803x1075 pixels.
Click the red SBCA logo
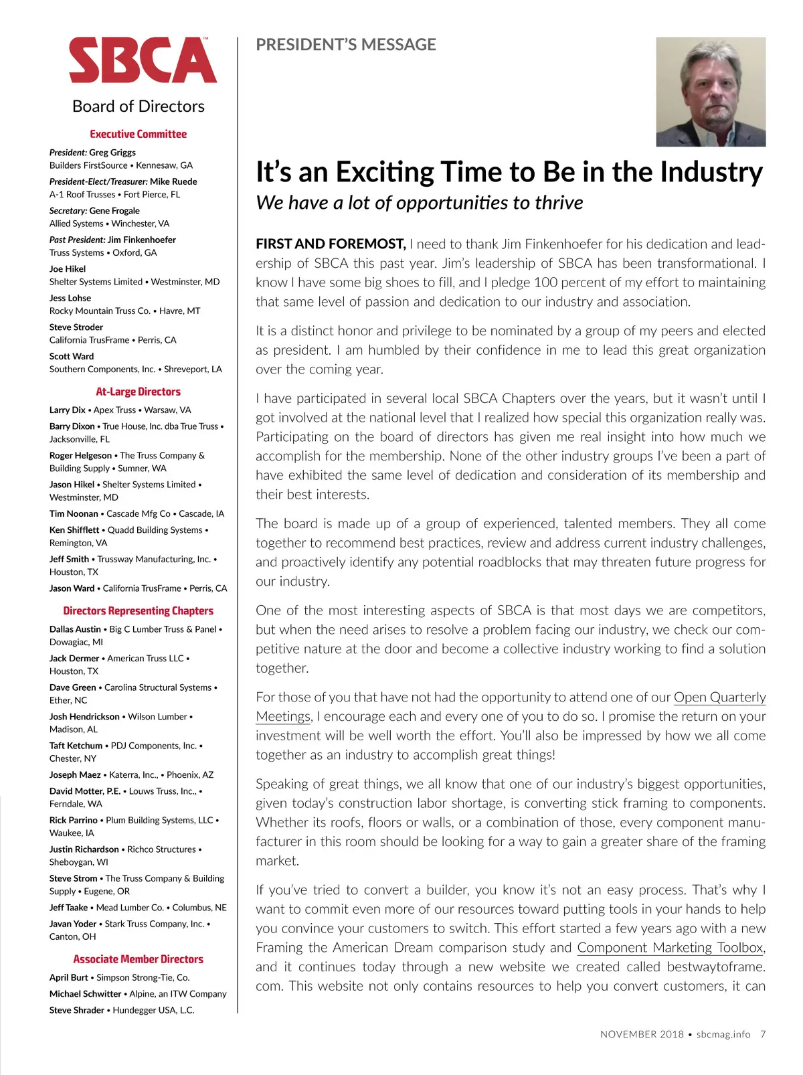coord(143,60)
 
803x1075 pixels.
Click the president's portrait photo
coord(711,92)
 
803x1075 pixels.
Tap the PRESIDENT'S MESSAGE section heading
coord(346,45)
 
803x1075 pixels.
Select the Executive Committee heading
coord(139,134)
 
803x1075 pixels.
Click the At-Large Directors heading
coord(138,392)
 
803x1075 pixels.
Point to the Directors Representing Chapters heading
coord(139,610)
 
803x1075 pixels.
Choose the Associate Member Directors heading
coord(139,959)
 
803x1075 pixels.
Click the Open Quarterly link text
coord(719,697)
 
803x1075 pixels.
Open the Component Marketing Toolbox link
coord(670,947)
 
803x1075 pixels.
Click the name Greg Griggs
coord(112,153)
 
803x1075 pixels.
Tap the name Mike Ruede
coord(173,181)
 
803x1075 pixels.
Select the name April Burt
coord(68,977)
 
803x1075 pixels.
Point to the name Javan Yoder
coord(73,924)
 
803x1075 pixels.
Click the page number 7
coord(763,1034)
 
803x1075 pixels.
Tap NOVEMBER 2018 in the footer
coord(642,1034)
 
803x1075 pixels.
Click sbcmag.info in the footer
coord(723,1034)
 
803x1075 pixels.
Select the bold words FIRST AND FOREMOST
coord(331,244)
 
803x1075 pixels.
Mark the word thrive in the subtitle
coord(559,203)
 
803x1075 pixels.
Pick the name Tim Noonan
coord(74,513)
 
